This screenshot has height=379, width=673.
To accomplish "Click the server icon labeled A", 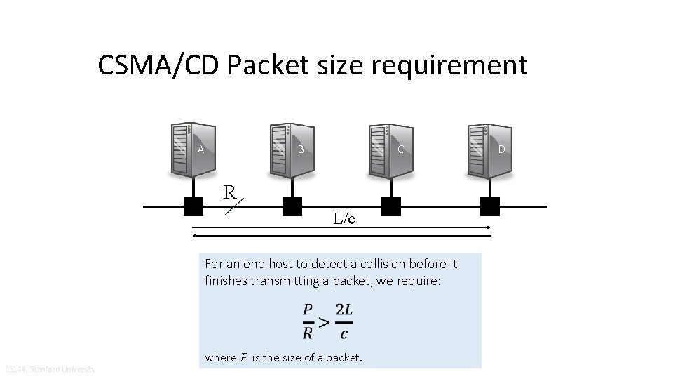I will point(191,149).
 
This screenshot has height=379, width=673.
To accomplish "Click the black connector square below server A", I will point(193,206).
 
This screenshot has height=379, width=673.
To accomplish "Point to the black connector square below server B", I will point(292,206).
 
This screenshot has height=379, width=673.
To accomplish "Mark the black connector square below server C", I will point(391,206).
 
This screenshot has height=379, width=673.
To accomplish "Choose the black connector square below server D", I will point(490,206).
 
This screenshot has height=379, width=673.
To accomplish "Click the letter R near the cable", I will point(229,191).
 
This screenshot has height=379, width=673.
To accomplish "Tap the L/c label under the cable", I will point(344,219).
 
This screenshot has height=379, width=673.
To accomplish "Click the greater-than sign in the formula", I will point(323,322).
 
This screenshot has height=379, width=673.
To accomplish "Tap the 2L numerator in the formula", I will point(344,309).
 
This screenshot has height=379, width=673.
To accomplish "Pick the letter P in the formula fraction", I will point(308,309).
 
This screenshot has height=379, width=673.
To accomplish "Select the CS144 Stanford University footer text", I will point(50,369).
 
